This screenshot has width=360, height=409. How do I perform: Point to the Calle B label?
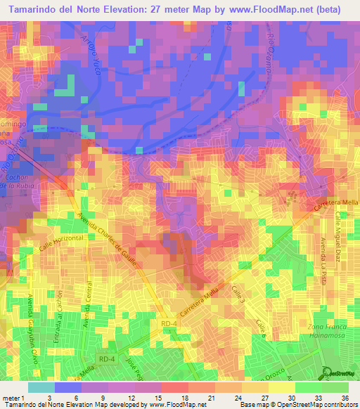(262, 326)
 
